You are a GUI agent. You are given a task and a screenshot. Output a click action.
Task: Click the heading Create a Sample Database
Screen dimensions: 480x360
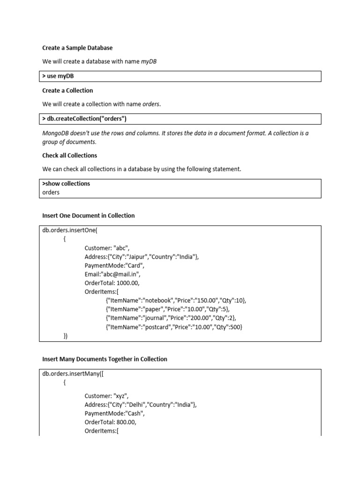point(77,48)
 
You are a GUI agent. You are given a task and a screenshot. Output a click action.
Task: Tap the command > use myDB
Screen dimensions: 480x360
point(58,76)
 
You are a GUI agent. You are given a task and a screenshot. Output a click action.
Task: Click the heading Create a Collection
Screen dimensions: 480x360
point(67,90)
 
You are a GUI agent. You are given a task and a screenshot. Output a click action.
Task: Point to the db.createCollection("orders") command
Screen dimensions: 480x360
point(84,119)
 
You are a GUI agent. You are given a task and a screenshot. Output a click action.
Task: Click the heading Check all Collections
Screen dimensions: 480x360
point(69,155)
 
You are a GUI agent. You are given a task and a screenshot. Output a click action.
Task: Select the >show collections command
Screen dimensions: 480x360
point(66,184)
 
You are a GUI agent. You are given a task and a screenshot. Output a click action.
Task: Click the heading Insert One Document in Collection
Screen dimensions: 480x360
point(88,216)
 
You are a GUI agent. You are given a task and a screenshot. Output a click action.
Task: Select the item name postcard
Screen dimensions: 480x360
point(157,327)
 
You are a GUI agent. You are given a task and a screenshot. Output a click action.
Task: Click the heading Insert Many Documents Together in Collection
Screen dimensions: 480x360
point(105,359)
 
